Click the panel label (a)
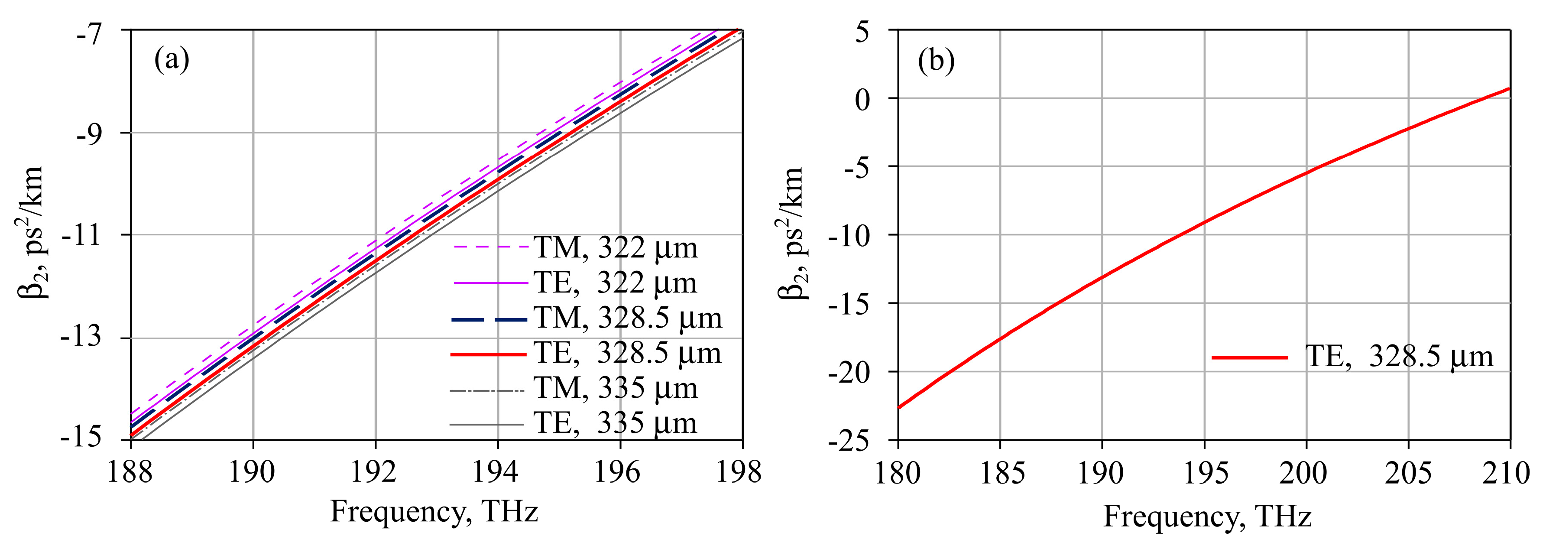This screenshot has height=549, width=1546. click(x=172, y=60)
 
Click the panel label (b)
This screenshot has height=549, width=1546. click(x=936, y=61)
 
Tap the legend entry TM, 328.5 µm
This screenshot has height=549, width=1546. click(x=628, y=318)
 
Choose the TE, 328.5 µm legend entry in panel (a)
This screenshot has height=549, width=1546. click(x=628, y=353)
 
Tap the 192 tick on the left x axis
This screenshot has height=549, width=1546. click(x=375, y=472)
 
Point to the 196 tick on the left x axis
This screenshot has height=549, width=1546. click(x=618, y=472)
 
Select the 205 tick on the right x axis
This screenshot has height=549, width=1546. click(x=1407, y=473)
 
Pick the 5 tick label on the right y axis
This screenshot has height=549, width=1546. click(x=862, y=31)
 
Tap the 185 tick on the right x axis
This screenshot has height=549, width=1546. click(x=1001, y=473)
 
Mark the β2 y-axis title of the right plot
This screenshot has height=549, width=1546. click(x=791, y=234)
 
